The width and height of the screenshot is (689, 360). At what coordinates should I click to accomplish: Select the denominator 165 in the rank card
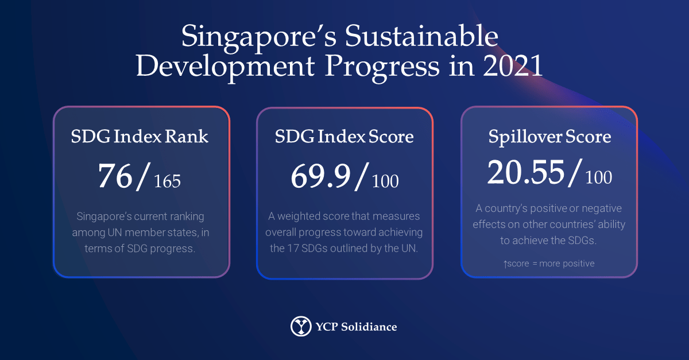coord(167,181)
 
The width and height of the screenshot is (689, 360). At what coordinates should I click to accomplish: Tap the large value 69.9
coord(320,176)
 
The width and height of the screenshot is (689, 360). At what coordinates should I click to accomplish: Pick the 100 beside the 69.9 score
coord(385,181)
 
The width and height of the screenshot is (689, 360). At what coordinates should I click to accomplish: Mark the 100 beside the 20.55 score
coord(599,177)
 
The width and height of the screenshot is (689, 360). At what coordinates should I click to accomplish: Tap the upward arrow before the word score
coord(505,264)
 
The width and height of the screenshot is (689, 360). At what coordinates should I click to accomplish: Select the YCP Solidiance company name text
coord(356,327)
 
